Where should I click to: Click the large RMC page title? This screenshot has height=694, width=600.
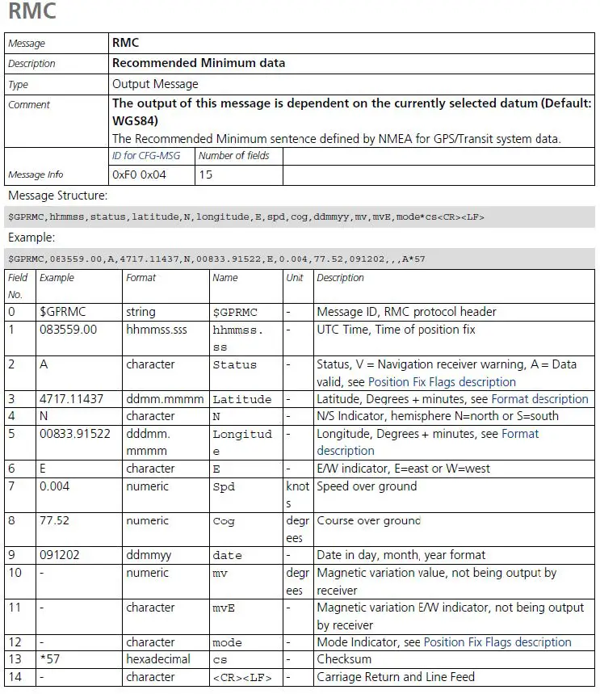32,12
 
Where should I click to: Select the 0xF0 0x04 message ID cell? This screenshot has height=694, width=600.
138,175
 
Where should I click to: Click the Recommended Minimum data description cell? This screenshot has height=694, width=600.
199,63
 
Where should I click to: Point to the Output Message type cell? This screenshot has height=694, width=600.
155,84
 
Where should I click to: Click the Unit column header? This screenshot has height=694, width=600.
295,278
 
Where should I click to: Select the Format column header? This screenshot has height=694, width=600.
141,278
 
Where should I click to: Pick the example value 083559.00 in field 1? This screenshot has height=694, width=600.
68,330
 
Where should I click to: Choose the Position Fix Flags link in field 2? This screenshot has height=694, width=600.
442,382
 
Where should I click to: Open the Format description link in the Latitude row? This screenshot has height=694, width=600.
539,399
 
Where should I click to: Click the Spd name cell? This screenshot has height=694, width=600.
224,486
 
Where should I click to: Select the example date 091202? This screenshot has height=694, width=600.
60,556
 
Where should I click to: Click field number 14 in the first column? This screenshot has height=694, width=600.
15,677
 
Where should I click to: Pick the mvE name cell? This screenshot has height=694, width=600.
224,608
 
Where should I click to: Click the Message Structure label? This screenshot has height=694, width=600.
57,196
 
